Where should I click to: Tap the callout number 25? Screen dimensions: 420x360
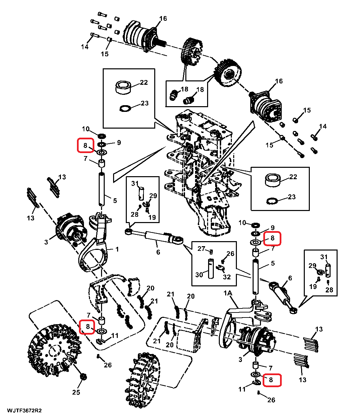click(x=76, y=392)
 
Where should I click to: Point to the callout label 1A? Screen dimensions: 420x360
click(x=228, y=294)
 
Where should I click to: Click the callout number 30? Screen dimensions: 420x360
click(x=199, y=275)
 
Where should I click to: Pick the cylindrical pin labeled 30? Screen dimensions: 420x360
click(x=211, y=268)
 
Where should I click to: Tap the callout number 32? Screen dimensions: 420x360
click(x=227, y=277)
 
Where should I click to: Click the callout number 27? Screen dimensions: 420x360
click(x=201, y=248)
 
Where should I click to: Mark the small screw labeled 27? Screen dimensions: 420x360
click(x=211, y=251)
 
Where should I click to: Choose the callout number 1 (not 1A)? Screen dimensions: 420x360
click(x=117, y=249)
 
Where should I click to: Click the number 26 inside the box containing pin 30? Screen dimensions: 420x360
click(x=231, y=254)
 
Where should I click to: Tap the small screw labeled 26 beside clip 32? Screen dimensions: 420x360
click(x=223, y=261)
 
